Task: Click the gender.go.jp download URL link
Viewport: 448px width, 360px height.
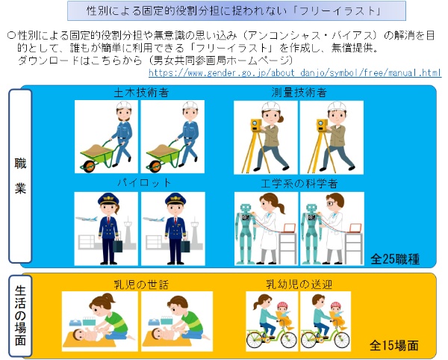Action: click(295, 73)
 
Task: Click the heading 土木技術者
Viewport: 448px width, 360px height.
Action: click(141, 93)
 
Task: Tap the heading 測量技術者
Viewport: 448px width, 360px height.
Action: click(299, 93)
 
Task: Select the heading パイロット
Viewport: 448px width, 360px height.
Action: click(144, 183)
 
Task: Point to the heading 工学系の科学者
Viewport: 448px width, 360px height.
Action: click(299, 184)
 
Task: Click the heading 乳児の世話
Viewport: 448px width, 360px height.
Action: click(141, 285)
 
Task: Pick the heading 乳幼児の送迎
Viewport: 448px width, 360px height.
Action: click(299, 285)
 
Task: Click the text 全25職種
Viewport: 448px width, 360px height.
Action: click(395, 259)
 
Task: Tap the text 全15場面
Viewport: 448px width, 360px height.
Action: click(394, 345)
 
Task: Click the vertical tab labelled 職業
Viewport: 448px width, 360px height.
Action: click(20, 176)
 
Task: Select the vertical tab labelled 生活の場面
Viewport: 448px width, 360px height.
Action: click(20, 316)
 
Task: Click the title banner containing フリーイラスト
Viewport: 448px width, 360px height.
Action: click(237, 11)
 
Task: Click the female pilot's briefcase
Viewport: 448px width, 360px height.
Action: click(118, 246)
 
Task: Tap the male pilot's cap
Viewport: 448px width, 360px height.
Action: click(175, 199)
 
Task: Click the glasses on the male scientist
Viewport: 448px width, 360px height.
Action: click(331, 204)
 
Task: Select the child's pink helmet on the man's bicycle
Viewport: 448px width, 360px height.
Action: click(336, 305)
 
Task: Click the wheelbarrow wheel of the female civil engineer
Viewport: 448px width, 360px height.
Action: click(89, 166)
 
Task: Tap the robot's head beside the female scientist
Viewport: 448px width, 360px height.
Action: click(246, 208)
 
